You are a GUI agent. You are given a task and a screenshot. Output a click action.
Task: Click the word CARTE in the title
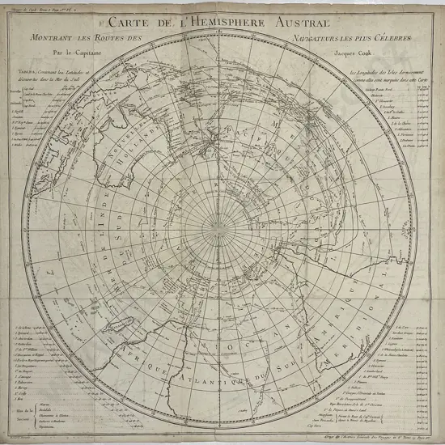pyautogui.click(x=126, y=23)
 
